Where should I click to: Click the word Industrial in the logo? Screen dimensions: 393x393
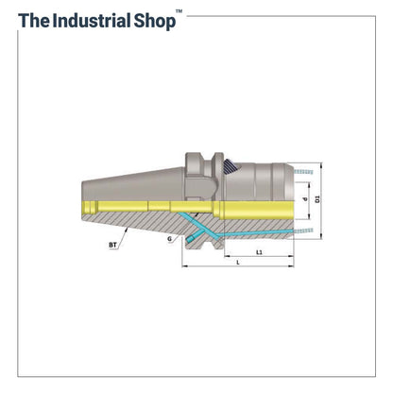[x=92, y=21]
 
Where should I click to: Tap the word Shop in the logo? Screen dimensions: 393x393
[x=155, y=22]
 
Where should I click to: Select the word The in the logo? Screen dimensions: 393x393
[x=34, y=21]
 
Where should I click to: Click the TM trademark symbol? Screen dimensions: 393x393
[x=179, y=11]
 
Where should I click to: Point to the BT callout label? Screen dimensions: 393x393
[x=112, y=245]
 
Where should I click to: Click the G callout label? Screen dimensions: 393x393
[x=170, y=239]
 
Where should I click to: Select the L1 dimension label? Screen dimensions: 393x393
[x=259, y=252]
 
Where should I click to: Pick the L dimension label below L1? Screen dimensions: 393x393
[x=238, y=263]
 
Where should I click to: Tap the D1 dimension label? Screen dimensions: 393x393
[x=317, y=199]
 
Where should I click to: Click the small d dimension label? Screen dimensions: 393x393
[x=304, y=199]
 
